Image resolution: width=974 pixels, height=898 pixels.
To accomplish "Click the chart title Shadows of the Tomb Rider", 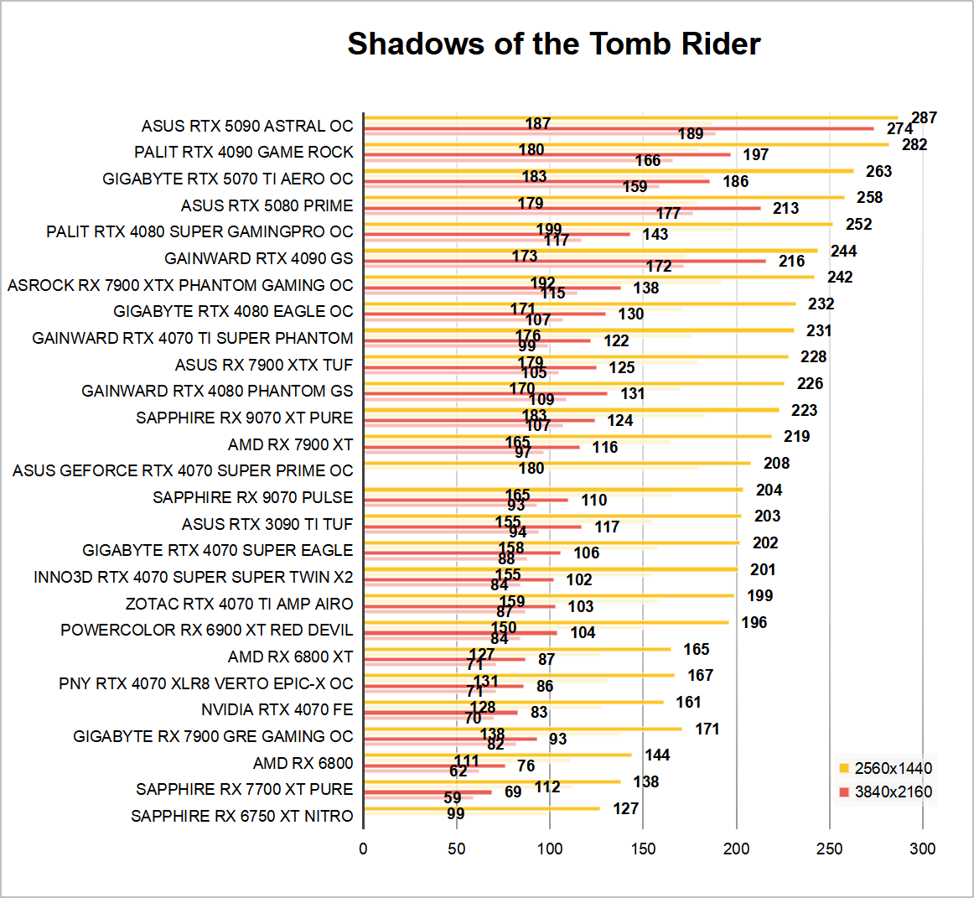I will coord(553,44).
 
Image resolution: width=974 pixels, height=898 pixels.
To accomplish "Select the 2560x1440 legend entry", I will coord(885,768).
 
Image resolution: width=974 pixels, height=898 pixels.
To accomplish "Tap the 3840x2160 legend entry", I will coord(885,792).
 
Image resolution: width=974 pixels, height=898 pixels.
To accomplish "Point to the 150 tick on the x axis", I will coord(643,849).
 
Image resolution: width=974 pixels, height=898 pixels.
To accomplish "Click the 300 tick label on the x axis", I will coord(922,849).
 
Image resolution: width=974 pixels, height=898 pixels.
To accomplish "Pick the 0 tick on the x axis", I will coord(363,849).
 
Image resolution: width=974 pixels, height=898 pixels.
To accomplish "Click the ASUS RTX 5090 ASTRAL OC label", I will coord(247,126).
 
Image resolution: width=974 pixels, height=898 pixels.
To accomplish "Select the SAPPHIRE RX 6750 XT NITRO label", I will coord(242,816).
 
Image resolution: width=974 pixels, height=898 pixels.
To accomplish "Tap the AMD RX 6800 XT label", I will coord(290,657).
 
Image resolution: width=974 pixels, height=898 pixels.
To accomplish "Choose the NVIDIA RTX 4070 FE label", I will coord(277,709).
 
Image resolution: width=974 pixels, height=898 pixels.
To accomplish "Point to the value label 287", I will coord(924,118).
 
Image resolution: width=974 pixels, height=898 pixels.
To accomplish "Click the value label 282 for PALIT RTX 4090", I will coord(914,144).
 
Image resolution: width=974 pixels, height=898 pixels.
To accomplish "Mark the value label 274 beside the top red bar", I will coord(899,129).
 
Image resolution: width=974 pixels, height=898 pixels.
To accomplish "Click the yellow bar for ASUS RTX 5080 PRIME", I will coord(604,198).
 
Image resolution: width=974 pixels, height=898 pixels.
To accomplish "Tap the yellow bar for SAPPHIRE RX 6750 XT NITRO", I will coord(482,808).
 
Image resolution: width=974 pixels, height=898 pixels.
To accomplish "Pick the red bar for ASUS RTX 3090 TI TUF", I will coord(473,527).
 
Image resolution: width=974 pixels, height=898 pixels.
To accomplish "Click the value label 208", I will coord(776,463).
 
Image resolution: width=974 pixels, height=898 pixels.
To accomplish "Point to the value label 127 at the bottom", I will coord(625,808).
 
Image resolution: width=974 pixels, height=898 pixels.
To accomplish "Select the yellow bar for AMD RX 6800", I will coord(498,755).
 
